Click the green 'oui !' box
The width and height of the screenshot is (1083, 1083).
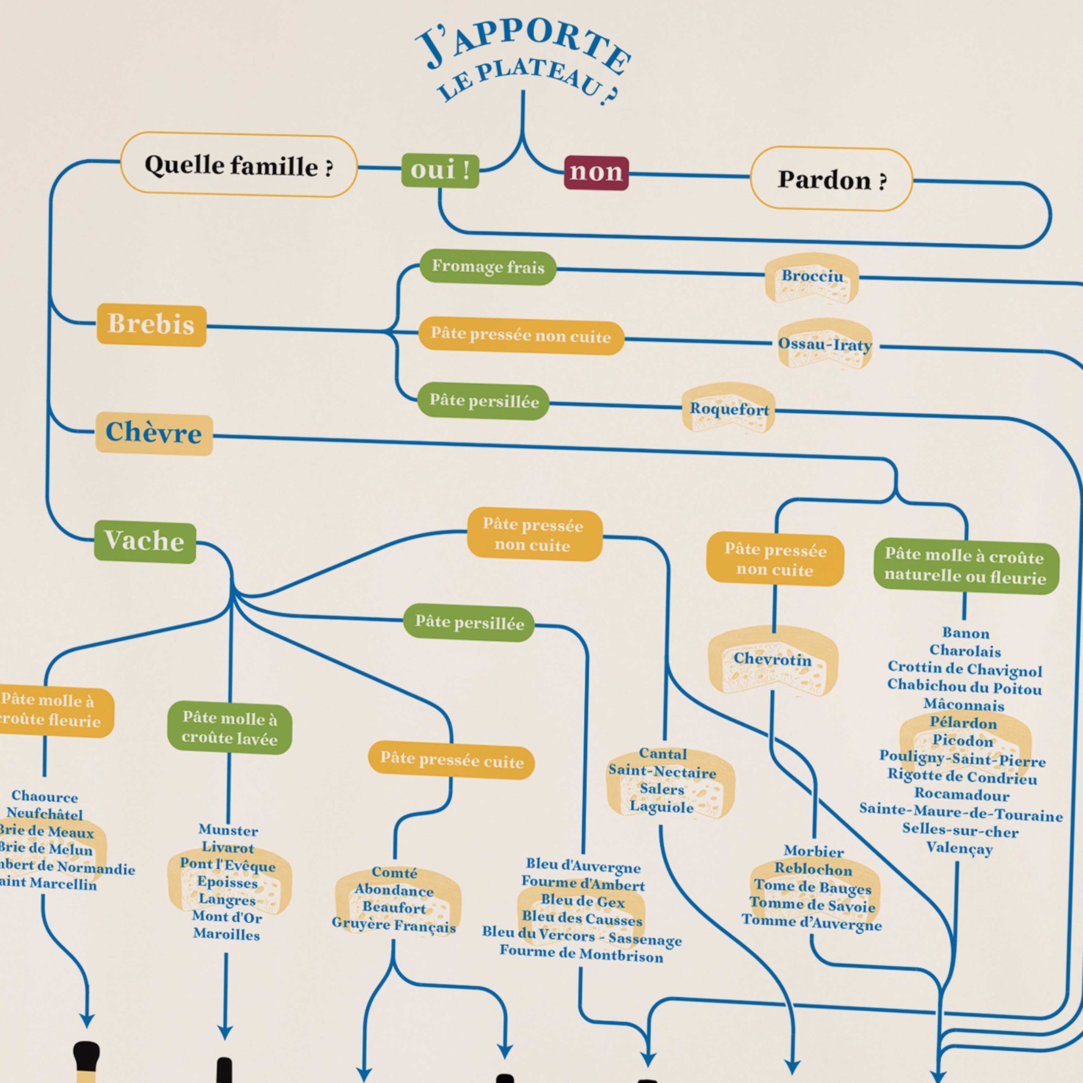(x=440, y=170)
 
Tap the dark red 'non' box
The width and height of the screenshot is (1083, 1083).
(x=596, y=173)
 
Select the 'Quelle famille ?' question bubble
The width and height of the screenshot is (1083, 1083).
(x=239, y=165)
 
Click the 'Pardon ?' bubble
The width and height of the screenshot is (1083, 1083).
(x=831, y=179)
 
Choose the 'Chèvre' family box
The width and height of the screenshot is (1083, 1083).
(x=154, y=433)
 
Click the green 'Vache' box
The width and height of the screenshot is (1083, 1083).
(x=145, y=541)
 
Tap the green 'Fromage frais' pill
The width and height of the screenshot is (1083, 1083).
(x=488, y=267)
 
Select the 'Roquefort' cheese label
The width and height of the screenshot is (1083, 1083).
(x=729, y=409)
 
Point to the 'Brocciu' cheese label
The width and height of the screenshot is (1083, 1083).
(x=812, y=276)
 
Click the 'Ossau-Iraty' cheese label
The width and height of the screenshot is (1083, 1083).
(x=825, y=344)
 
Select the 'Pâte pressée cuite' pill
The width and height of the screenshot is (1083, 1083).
(x=451, y=760)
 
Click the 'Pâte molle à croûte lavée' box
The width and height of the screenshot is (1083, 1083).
(x=230, y=729)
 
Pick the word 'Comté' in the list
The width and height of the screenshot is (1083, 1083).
(x=395, y=873)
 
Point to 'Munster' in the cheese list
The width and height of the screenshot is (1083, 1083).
(x=228, y=830)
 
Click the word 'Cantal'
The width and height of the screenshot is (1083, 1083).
(x=662, y=754)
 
